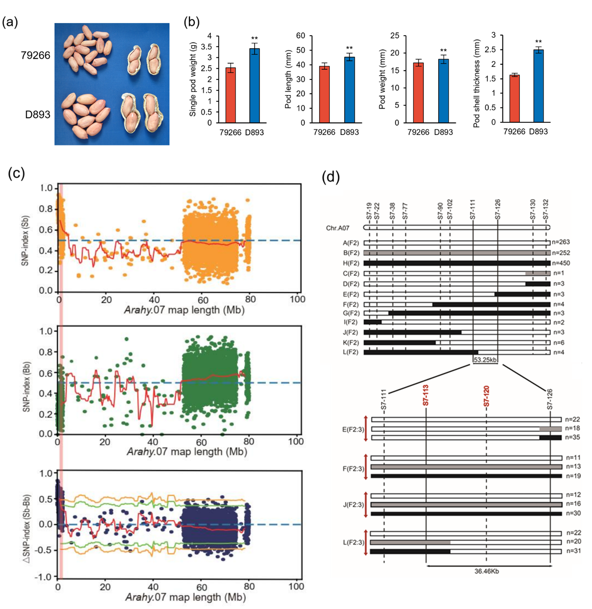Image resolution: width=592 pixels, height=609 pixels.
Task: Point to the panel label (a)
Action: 10,22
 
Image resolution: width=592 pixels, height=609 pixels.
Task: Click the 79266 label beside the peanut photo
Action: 36,55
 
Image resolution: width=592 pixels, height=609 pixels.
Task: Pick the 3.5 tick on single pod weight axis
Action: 207,47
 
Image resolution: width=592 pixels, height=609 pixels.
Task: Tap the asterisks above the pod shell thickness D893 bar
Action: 538,42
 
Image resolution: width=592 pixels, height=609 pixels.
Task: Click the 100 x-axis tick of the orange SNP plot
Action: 297,300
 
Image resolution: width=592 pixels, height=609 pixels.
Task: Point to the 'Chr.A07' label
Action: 337,228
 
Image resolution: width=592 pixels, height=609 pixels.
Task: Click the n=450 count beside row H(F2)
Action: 561,263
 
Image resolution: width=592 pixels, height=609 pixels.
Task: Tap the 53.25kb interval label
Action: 485,360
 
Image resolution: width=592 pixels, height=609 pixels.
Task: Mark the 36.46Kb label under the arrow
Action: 487,571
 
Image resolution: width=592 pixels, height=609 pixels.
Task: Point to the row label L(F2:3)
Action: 353,542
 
